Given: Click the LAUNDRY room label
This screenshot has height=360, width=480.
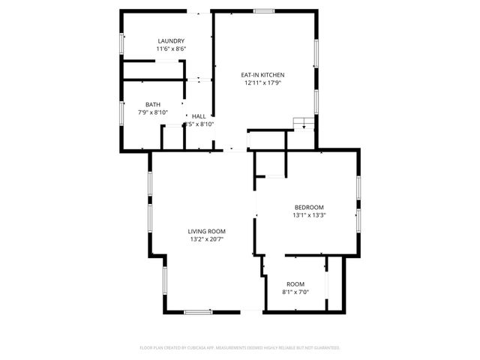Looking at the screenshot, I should click(x=171, y=40).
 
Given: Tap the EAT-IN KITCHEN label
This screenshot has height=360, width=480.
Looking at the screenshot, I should click(x=262, y=75).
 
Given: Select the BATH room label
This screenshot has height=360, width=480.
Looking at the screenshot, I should click(x=153, y=104).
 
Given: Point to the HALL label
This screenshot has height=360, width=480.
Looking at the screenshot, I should click(x=199, y=116).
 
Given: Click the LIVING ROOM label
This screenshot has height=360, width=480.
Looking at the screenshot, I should click(x=207, y=231).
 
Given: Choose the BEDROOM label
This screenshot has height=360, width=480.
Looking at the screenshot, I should click(x=309, y=207).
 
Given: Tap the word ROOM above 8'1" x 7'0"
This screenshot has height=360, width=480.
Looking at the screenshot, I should click(x=295, y=283).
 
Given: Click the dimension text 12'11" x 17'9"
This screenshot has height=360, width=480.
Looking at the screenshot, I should click(x=262, y=83).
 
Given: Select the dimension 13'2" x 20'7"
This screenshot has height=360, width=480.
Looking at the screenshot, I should click(x=207, y=239).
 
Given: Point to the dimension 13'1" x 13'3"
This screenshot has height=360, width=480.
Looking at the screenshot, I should click(x=309, y=215).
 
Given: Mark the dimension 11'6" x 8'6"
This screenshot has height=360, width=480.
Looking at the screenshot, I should click(x=171, y=49).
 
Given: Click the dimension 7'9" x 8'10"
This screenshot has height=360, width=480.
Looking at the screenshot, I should click(x=153, y=112).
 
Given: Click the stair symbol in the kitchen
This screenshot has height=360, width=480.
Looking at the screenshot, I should click(x=302, y=124).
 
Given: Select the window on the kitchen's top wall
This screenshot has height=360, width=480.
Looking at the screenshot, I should click(x=263, y=10).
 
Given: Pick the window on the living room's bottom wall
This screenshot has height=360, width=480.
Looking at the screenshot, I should click(x=199, y=311).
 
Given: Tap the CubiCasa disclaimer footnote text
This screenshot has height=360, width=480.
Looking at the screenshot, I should click(x=240, y=348).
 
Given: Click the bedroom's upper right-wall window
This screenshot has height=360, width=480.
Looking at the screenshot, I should click(x=359, y=189).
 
